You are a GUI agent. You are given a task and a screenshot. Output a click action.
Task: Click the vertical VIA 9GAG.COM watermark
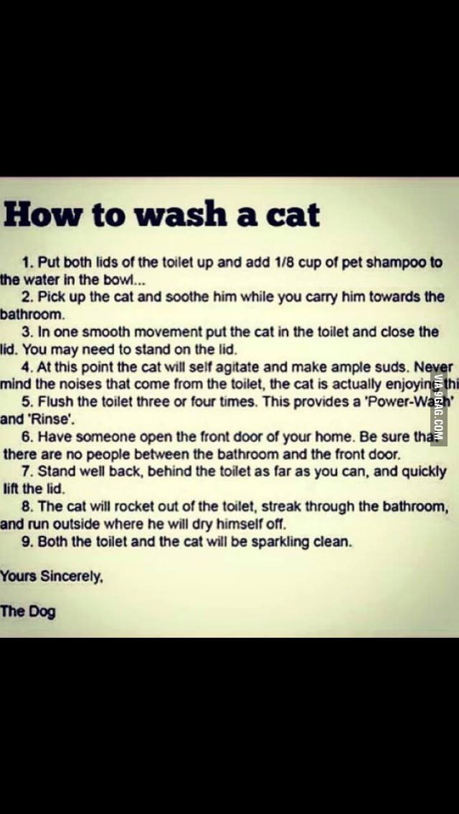pos(438,409)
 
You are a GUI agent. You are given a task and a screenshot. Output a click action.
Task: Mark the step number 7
pos(27,471)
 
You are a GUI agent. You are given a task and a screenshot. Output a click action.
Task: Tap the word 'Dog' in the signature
pos(42,611)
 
